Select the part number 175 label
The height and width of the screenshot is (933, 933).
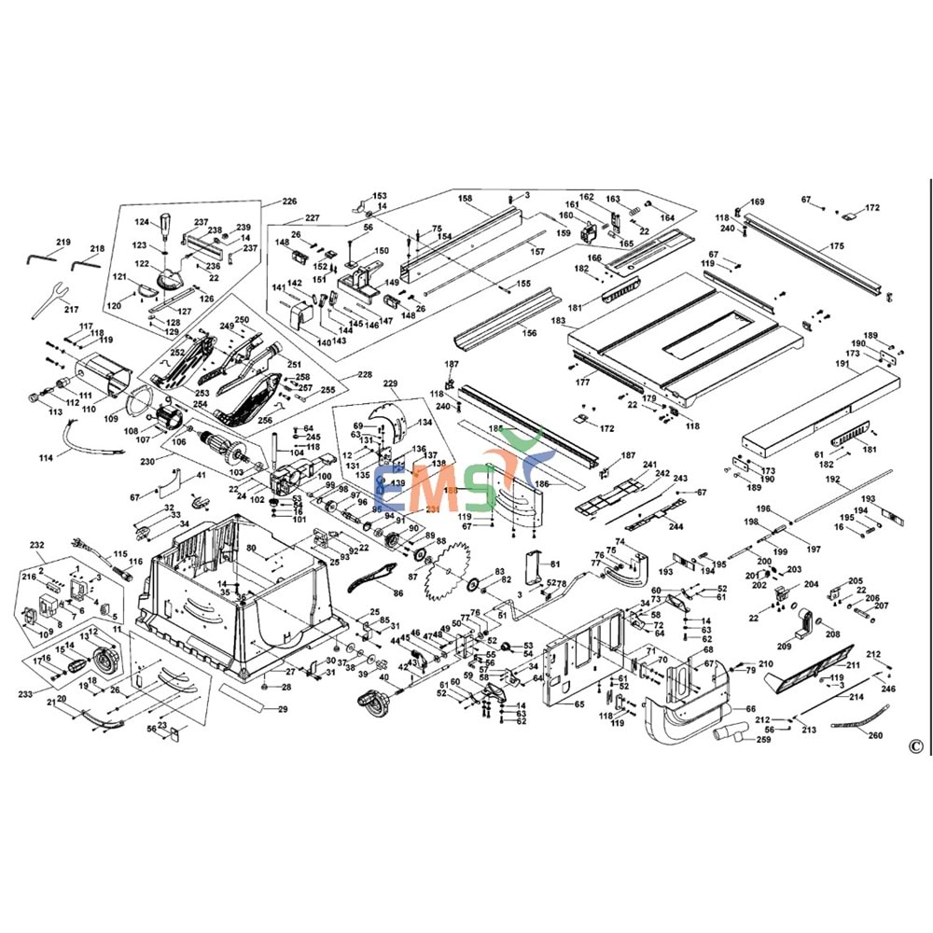click(838, 246)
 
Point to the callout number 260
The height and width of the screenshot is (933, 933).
click(874, 735)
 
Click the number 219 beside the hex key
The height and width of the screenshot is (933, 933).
click(62, 243)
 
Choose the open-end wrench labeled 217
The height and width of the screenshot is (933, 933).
click(46, 294)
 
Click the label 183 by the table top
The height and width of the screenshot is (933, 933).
click(559, 321)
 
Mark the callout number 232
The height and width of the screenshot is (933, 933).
click(37, 544)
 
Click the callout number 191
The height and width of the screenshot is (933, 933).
click(842, 366)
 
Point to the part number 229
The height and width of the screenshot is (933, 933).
click(390, 383)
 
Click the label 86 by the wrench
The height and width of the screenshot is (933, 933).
click(397, 593)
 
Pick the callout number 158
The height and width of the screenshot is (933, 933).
click(466, 199)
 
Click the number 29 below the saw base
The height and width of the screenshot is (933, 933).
click(283, 710)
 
